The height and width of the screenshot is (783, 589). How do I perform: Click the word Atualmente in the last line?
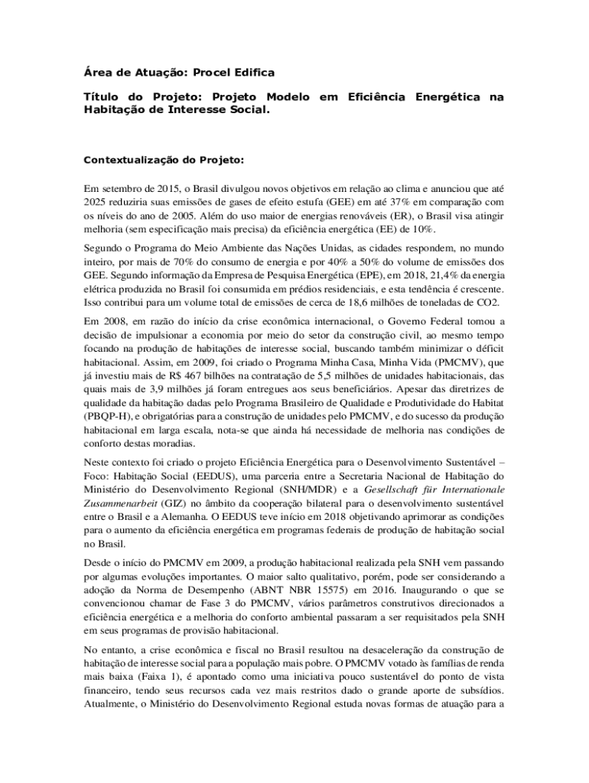pyautogui.click(x=110, y=704)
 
